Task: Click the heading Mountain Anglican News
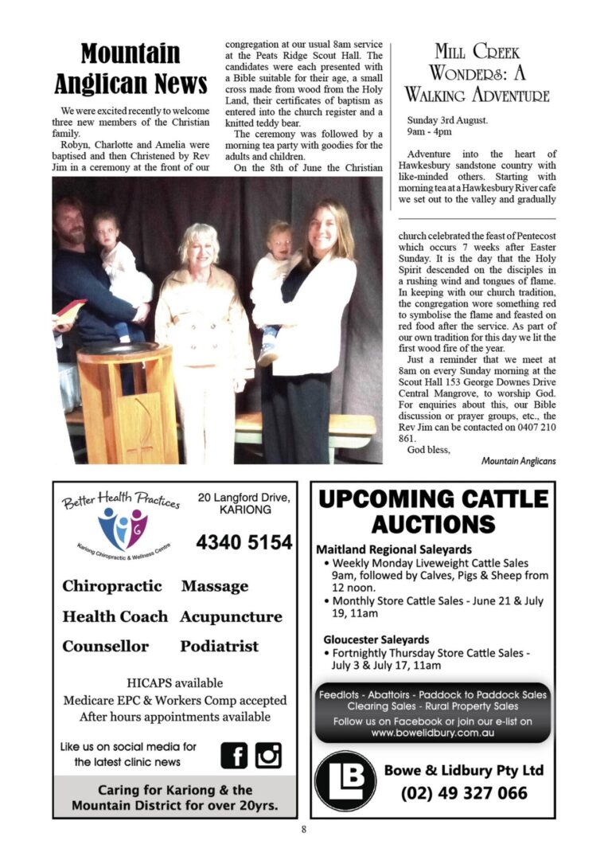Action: pos(131,68)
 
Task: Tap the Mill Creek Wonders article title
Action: pos(477,74)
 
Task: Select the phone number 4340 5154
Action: pos(244,542)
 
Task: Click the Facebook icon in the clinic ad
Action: pos(234,754)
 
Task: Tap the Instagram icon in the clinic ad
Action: pos(268,754)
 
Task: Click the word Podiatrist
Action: pos(219,646)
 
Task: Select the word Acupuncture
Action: pos(231,616)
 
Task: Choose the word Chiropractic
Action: pos(112,586)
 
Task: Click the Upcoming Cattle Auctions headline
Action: pos(433,511)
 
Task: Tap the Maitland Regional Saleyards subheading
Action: pos(394,549)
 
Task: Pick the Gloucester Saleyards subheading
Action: pos(376,639)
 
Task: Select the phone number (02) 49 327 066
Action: pos(464,793)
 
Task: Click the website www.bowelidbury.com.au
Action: pos(433,732)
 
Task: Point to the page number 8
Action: pos(304,829)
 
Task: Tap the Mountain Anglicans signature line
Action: pos(518,461)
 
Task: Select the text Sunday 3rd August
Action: pos(447,120)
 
